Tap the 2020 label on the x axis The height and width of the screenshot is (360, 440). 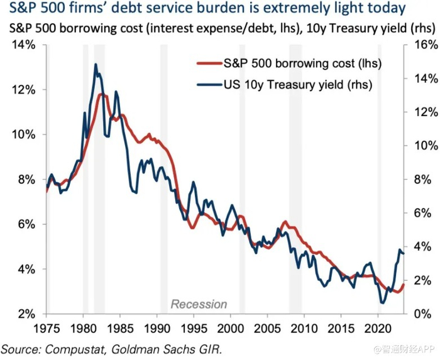click(x=378, y=328)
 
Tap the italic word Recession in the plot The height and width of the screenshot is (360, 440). click(x=199, y=304)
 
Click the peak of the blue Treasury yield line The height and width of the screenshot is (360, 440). click(x=96, y=64)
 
